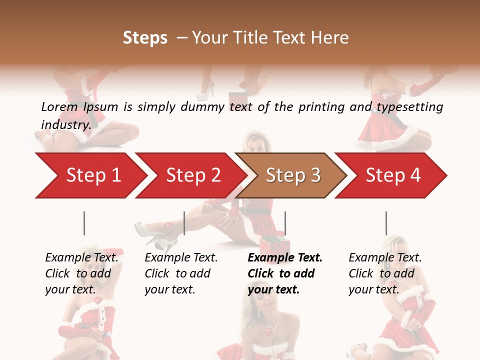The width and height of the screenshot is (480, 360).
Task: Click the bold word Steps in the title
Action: click(145, 37)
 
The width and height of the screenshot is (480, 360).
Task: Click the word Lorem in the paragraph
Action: click(59, 106)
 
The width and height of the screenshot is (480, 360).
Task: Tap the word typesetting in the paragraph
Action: click(409, 106)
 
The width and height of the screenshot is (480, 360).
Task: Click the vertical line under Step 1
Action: click(84, 223)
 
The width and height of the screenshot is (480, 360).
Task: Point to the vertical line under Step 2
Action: click(184, 223)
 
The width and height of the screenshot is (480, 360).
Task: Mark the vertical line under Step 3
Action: click(285, 223)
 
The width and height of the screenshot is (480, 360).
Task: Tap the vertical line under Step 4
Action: click(386, 223)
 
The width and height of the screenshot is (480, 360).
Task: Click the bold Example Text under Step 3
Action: click(285, 257)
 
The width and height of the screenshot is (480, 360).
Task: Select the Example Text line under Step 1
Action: click(81, 257)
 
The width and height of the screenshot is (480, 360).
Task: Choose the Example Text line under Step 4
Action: click(385, 257)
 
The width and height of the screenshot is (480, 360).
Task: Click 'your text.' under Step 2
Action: click(169, 289)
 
